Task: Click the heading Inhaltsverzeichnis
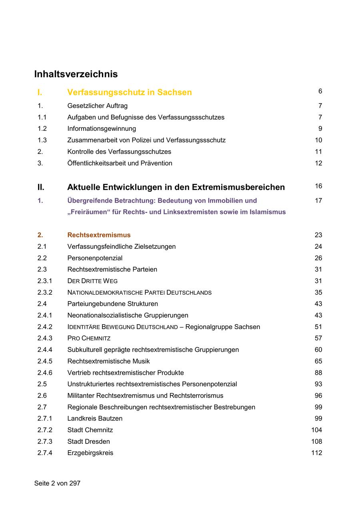coord(76,74)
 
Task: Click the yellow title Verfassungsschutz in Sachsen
coord(129,92)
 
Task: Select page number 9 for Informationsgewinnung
coord(320,129)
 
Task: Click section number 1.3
coord(42,140)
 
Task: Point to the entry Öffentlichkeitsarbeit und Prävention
coord(120,163)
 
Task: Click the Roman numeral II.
coord(41,187)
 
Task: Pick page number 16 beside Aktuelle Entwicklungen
coord(318,186)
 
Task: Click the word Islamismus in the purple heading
coord(268,212)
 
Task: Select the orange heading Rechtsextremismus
coord(99,235)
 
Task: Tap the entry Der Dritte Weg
coord(92,281)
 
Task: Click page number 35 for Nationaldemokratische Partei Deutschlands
coord(318,293)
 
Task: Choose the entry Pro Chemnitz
coord(89,338)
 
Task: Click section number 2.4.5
coord(45,361)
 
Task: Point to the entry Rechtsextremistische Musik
coord(108,361)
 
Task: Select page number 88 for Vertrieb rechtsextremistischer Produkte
coord(318,373)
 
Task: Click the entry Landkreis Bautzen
coord(95,419)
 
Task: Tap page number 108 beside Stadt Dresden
coord(316,441)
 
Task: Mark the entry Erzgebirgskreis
coord(90,453)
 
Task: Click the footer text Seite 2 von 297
coord(57,483)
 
